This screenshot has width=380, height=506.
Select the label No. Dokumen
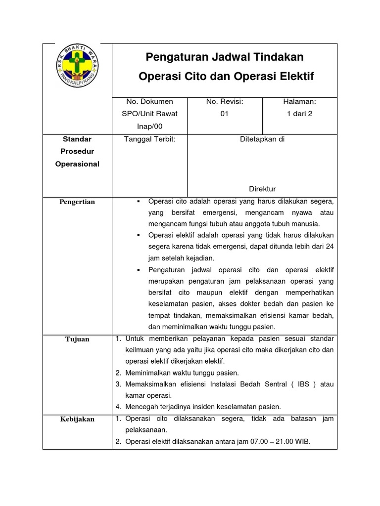[150, 101]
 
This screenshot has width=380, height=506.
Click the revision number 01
[225, 113]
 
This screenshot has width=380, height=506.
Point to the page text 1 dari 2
[299, 113]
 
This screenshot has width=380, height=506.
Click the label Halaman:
[299, 101]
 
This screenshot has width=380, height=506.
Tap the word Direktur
[262, 189]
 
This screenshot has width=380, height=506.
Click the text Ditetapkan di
[262, 139]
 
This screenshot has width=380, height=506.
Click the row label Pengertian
[77, 202]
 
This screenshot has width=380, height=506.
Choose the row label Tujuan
[77, 339]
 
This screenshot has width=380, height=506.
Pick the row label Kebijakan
[77, 419]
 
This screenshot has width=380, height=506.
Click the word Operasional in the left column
[77, 164]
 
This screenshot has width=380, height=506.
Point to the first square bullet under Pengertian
[139, 202]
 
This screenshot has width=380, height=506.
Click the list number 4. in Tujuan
[119, 407]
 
